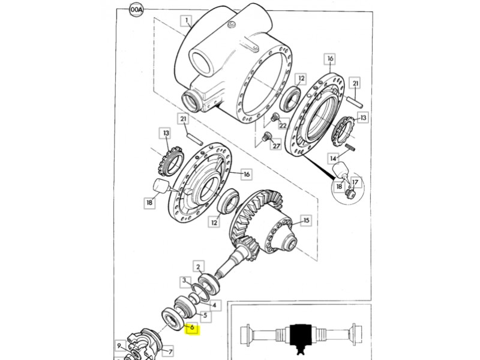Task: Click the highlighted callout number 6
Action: tap(192, 328)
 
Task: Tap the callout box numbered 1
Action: tap(187, 21)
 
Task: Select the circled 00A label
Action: tap(136, 10)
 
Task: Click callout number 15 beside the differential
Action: tap(306, 220)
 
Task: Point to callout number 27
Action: tap(276, 146)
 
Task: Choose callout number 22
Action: tap(282, 125)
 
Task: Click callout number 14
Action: tap(333, 158)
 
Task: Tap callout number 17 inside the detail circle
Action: tap(355, 182)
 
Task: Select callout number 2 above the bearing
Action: tap(199, 266)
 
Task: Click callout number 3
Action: tap(184, 281)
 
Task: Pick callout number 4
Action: tap(215, 305)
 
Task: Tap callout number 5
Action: tap(205, 316)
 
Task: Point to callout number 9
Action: tap(119, 346)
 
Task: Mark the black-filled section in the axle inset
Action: tap(301, 338)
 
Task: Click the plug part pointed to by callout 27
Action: tap(266, 137)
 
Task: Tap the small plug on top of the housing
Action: tap(232, 24)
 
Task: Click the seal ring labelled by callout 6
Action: tap(172, 320)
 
